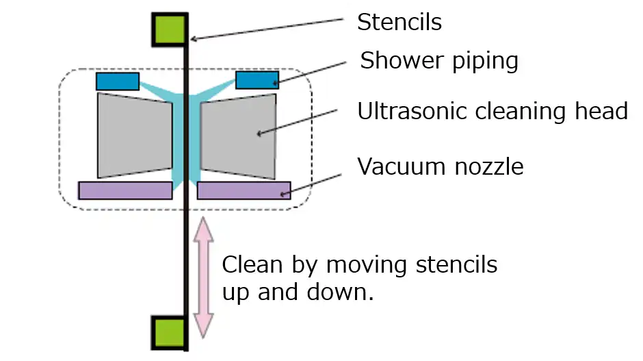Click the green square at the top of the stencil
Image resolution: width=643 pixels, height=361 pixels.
point(168,29)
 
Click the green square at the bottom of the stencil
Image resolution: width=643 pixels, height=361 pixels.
point(168,332)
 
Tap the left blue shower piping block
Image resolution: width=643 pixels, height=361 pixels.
point(118,82)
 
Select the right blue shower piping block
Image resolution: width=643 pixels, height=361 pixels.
point(257,80)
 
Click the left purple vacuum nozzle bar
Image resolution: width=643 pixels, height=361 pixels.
point(125,190)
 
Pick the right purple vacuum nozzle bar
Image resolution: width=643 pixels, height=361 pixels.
point(244,190)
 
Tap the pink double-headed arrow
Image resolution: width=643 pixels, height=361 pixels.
point(203,277)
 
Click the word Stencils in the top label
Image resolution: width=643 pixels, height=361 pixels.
point(399,23)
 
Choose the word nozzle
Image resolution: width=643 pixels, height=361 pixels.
point(488,166)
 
